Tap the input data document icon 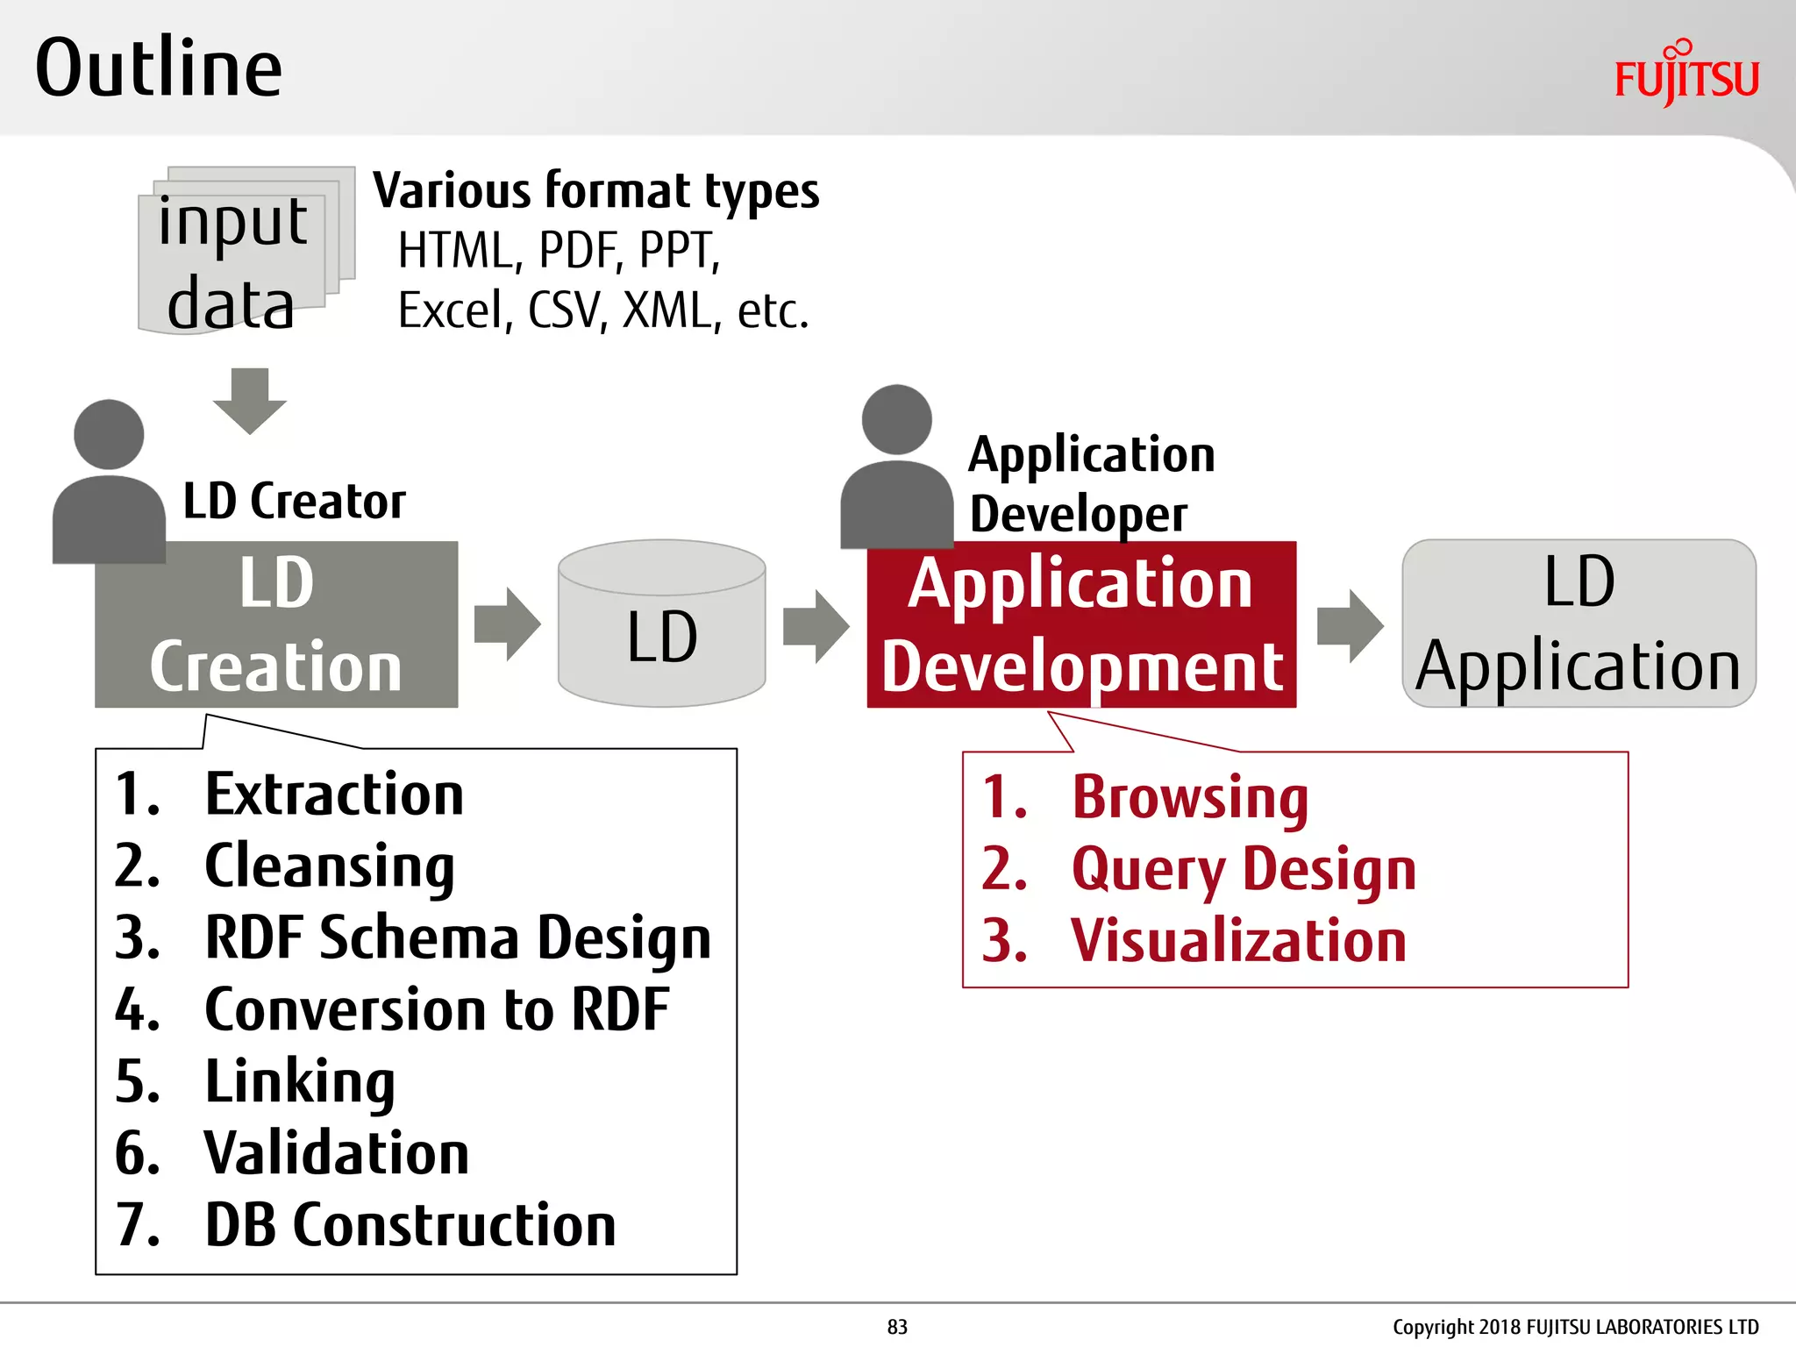(237, 254)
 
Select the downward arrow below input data (250, 402)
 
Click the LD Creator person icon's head (109, 435)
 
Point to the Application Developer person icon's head (896, 419)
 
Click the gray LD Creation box (276, 624)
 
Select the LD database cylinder (662, 624)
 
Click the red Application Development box (1080, 624)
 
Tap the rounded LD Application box (1579, 624)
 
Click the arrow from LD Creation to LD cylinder (507, 624)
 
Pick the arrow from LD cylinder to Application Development (816, 625)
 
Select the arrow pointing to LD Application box (1350, 625)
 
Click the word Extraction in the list (333, 795)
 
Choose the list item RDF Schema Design (457, 937)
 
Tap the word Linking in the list (299, 1081)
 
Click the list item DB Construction (410, 1225)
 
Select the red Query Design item (1243, 869)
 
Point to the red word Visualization (1238, 941)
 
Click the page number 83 (897, 1327)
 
